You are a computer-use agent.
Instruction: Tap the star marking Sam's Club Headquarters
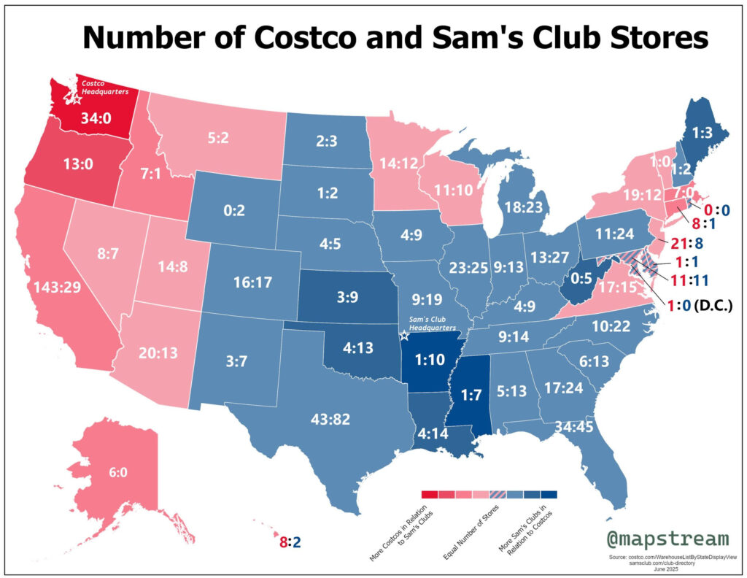(x=405, y=336)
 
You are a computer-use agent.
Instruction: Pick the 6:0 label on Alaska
(x=117, y=472)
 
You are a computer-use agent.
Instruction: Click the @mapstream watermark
(x=667, y=539)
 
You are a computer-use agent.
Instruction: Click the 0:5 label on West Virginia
(x=581, y=277)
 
